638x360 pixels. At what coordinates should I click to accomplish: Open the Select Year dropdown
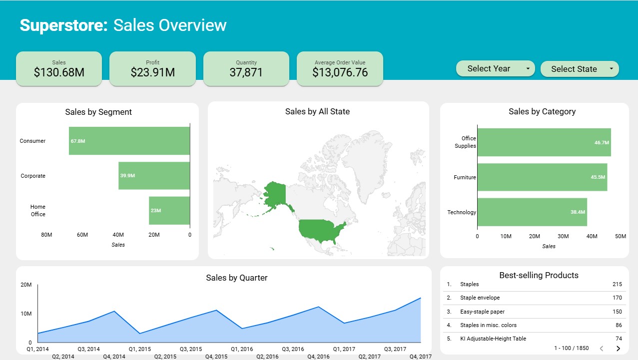(495, 69)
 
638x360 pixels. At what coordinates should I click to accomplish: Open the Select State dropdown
(580, 69)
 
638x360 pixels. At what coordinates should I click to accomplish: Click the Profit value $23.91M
(152, 72)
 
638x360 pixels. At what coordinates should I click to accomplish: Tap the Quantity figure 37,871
(246, 72)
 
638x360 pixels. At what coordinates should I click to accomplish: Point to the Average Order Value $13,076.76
(340, 72)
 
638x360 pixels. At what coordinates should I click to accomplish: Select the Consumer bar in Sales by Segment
(129, 141)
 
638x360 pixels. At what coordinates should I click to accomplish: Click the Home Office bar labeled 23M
(169, 210)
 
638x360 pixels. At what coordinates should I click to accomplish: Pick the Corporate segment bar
(154, 176)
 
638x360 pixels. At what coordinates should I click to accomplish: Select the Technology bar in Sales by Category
(532, 212)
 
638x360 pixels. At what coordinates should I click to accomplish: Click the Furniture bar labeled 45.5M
(542, 177)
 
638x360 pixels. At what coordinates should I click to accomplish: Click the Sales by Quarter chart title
(236, 278)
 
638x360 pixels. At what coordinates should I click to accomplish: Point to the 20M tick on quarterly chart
(26, 285)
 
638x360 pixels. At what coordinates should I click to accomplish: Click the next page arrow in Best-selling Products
(618, 348)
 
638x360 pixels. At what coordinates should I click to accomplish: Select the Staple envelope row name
(480, 298)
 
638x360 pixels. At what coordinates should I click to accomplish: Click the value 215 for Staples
(617, 284)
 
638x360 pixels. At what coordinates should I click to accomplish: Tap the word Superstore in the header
(63, 25)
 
